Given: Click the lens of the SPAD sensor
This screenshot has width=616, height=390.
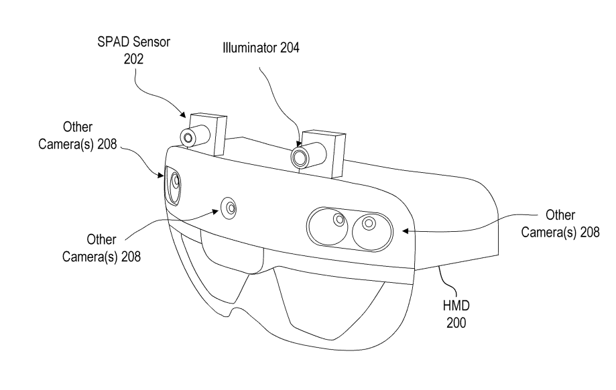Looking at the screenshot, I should [x=188, y=138].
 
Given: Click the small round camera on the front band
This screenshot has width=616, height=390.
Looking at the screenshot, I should [x=229, y=207].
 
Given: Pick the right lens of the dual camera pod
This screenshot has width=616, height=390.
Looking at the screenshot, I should [x=367, y=224].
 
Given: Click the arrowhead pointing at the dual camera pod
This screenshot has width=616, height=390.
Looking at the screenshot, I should [x=406, y=231].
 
